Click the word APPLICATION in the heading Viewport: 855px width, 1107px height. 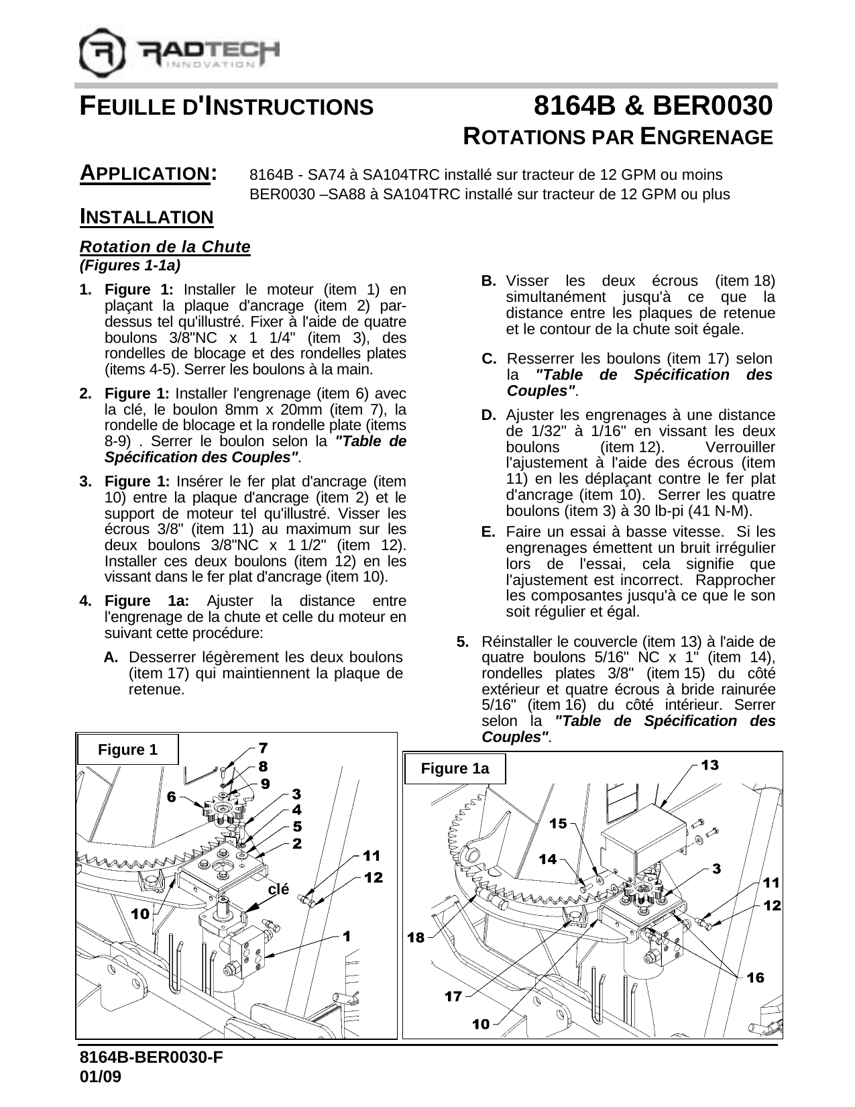[x=144, y=173]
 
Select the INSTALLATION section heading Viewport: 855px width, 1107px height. [x=146, y=217]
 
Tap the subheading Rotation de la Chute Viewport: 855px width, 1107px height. [x=165, y=247]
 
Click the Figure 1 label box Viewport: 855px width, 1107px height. [x=127, y=749]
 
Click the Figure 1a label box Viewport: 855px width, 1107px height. [x=454, y=768]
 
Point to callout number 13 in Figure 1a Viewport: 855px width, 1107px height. [x=709, y=765]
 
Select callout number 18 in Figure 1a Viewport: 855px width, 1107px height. [x=416, y=937]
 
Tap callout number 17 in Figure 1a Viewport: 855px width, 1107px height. [x=453, y=996]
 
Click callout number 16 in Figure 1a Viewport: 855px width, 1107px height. [x=755, y=978]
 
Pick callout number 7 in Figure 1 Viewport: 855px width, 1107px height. [x=264, y=747]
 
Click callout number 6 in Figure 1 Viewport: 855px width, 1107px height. [x=172, y=797]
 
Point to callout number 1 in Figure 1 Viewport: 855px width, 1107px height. [x=347, y=935]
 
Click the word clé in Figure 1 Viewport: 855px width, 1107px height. [x=278, y=890]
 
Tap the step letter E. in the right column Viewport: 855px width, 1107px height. [x=488, y=532]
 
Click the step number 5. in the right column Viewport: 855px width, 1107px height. [x=463, y=641]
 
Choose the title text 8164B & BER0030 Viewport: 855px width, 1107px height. [x=652, y=106]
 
